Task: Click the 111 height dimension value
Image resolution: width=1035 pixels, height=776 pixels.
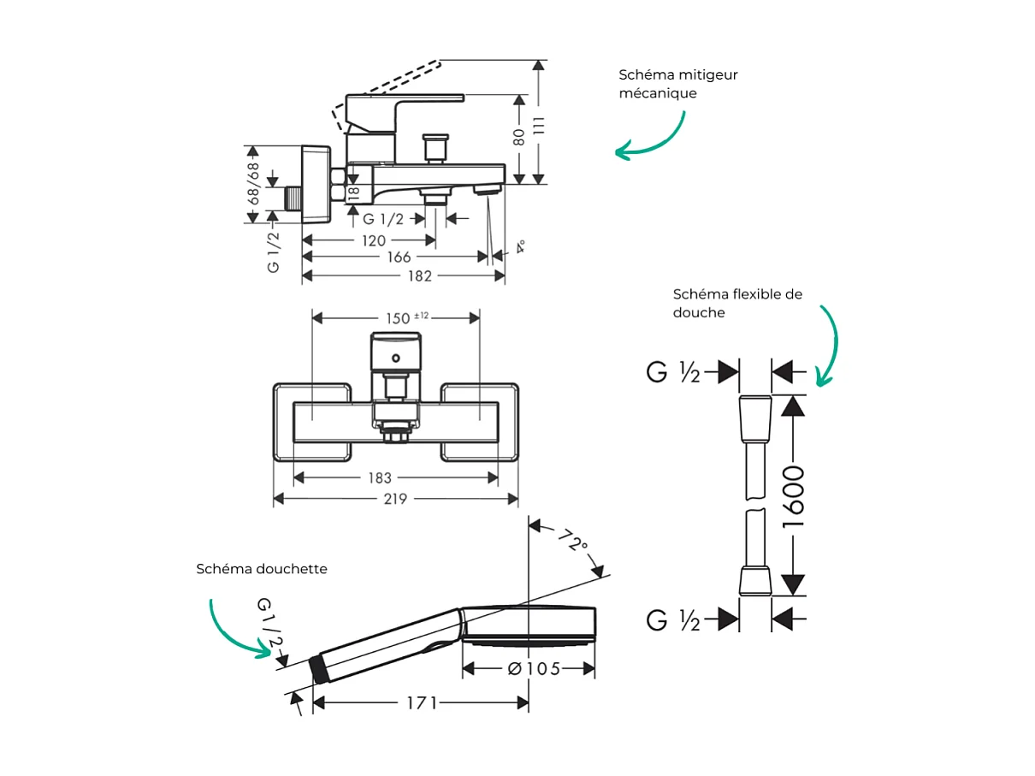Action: point(538,124)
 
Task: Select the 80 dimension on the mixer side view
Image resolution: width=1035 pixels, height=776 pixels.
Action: point(519,138)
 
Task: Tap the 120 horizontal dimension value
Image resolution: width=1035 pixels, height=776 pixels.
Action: point(374,241)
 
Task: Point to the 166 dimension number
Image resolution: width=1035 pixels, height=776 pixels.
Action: point(399,258)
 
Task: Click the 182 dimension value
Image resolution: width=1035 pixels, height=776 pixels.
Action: point(420,275)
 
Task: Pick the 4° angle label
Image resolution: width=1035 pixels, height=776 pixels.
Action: point(519,247)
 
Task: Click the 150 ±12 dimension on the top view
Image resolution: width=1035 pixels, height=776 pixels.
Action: point(405,317)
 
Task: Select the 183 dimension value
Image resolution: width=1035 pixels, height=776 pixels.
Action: point(380,478)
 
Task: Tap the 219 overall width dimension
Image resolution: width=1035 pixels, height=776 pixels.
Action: point(395,499)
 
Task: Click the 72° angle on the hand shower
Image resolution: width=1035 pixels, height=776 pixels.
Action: point(572,542)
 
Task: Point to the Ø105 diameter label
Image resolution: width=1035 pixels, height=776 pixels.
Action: point(534,669)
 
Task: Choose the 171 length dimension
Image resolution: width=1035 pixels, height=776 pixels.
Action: point(423,703)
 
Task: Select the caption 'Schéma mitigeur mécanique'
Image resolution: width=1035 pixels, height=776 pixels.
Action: point(678,84)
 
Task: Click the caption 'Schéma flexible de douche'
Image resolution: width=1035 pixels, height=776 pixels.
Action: point(737,303)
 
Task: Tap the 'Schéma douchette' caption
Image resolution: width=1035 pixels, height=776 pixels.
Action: point(262,569)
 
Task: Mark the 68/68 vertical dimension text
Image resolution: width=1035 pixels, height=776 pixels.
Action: point(253,183)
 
